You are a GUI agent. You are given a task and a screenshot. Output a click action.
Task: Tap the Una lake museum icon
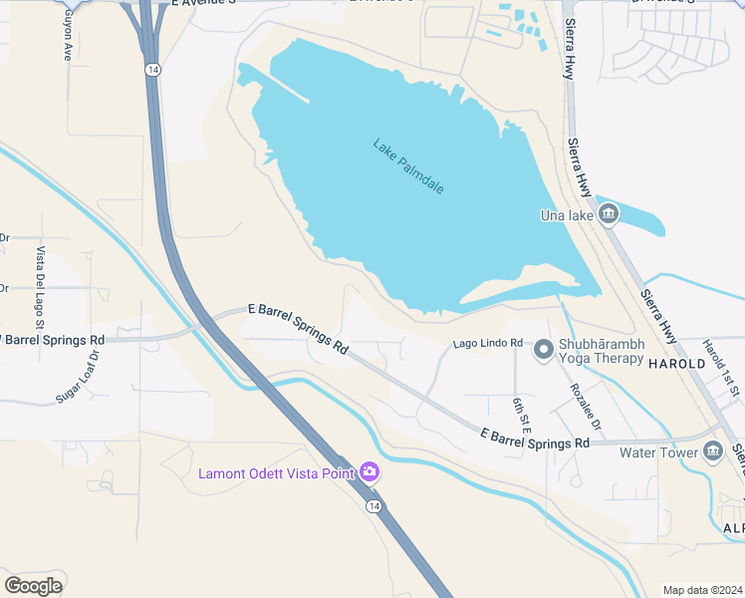click(609, 214)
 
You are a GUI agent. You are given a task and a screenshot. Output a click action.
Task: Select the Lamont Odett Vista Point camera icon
click(370, 471)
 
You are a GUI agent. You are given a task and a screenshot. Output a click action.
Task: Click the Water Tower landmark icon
click(712, 452)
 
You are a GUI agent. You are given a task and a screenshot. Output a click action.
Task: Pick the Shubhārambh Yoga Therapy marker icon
click(544, 349)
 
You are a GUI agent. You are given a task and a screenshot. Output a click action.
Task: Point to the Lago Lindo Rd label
click(488, 343)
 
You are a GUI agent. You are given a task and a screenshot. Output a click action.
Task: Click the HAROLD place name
click(677, 365)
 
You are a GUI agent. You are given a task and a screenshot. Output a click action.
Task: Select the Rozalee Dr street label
click(586, 407)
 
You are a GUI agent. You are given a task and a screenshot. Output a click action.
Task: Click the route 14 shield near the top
click(150, 69)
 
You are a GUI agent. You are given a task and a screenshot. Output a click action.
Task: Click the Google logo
click(33, 585)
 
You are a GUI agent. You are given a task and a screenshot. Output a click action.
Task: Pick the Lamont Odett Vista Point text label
click(278, 472)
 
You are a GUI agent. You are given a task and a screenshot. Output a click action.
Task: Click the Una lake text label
click(566, 215)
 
